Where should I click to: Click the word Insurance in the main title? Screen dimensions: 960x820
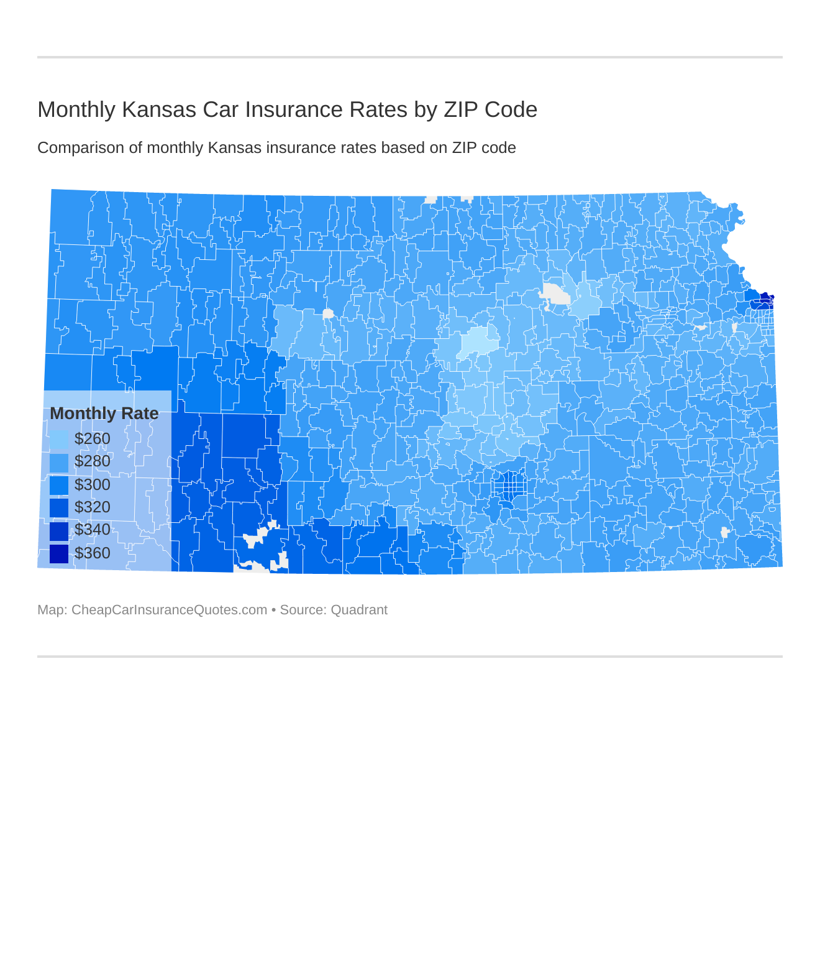click(x=293, y=109)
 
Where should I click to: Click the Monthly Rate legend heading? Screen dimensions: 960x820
click(x=104, y=413)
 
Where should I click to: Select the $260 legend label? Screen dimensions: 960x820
click(x=92, y=439)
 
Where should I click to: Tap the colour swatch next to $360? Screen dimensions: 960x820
click(x=59, y=553)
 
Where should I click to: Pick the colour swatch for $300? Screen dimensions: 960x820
click(x=59, y=485)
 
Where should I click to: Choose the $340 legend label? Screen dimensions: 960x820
click(x=92, y=530)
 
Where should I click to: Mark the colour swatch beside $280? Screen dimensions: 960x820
click(x=59, y=462)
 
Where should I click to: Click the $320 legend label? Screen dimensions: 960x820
click(x=92, y=507)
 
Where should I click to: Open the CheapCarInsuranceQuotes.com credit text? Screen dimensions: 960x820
click(x=169, y=610)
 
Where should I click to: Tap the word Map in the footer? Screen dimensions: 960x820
click(x=51, y=610)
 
